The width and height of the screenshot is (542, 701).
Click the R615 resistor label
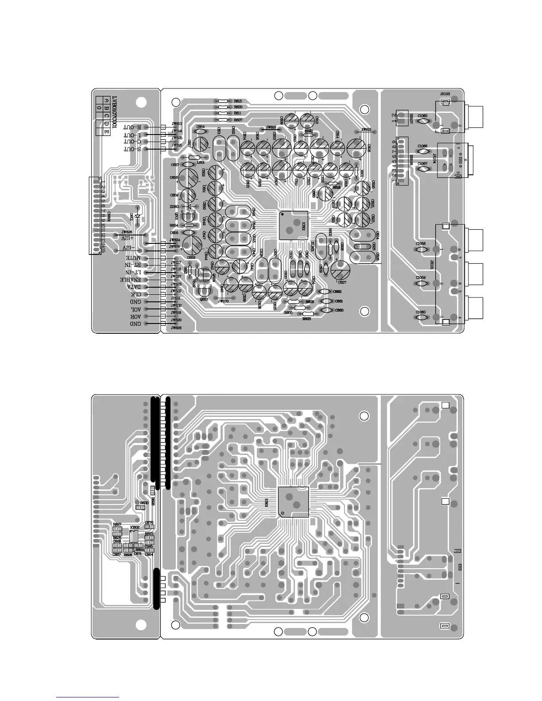[238, 101]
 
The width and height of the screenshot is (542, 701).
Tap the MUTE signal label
[132, 258]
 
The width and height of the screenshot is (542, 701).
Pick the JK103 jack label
[445, 94]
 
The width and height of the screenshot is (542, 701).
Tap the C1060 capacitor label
[421, 312]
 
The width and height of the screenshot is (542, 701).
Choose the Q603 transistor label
[204, 299]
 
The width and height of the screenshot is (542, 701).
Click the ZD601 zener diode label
[174, 206]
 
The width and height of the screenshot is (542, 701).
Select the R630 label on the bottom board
[144, 503]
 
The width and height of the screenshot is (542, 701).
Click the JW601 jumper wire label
[366, 130]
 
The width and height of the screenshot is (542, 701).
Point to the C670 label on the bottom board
[149, 523]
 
